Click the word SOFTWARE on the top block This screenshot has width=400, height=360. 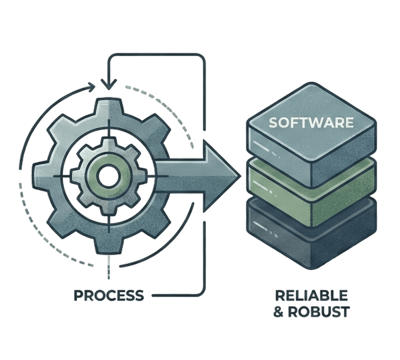(311, 123)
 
